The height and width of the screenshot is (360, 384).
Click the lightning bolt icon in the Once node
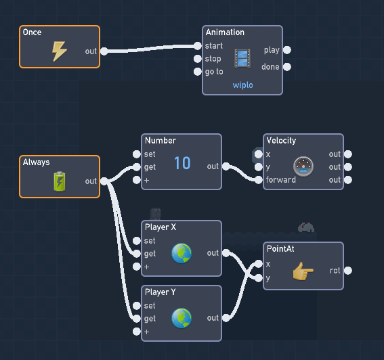60,51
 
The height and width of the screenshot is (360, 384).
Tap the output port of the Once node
104,51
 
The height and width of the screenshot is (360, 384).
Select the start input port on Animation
197,46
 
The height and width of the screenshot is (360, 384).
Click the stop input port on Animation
197,59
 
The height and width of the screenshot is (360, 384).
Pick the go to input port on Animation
197,72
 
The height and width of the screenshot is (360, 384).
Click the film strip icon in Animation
242,58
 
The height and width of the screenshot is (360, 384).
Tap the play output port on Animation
287,50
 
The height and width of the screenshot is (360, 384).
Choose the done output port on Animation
287,66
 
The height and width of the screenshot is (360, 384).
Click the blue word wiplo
242,85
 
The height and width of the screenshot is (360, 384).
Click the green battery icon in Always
60,181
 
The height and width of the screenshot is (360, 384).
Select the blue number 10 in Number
182,163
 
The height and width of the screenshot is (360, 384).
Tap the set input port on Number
136,154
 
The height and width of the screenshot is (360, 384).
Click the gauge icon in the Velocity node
303,166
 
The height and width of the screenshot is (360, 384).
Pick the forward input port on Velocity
258,180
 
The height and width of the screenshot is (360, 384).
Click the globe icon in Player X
182,253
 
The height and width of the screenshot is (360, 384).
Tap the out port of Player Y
226,318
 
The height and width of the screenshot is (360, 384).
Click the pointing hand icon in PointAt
303,271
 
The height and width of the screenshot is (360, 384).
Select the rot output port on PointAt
348,271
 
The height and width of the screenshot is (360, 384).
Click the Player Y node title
160,292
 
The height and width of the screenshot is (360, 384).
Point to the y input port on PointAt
258,278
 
